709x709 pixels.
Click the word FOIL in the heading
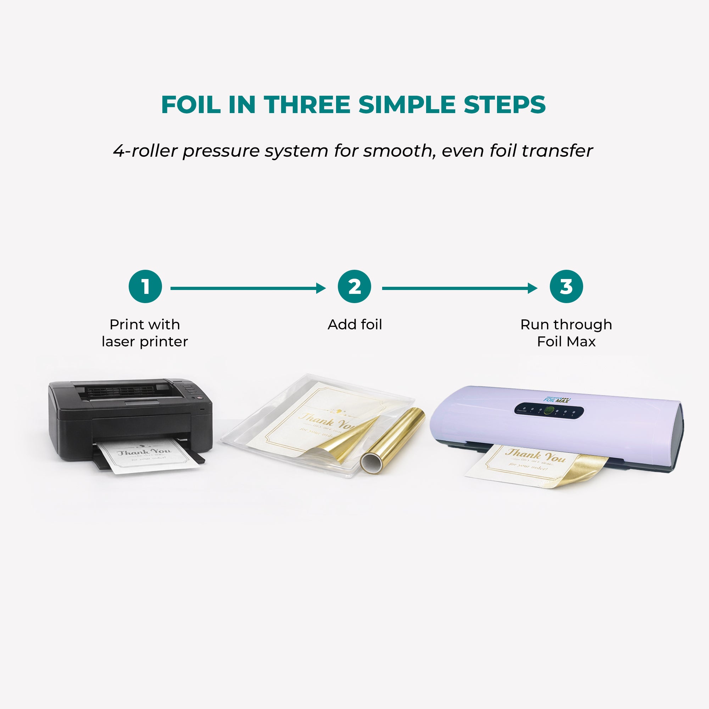[190, 105]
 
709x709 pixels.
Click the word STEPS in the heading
[504, 105]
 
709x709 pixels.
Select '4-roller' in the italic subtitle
[145, 151]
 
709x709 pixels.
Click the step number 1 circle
[145, 286]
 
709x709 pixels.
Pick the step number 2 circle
[354, 286]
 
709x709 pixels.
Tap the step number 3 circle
[566, 286]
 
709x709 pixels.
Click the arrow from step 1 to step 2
[248, 288]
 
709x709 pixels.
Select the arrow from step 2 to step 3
[459, 288]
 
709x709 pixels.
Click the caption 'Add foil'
[354, 324]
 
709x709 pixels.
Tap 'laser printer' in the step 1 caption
[145, 342]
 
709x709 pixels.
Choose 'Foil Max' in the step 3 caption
[566, 342]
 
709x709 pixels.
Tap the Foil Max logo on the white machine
[557, 400]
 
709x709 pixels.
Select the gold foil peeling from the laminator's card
[580, 470]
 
